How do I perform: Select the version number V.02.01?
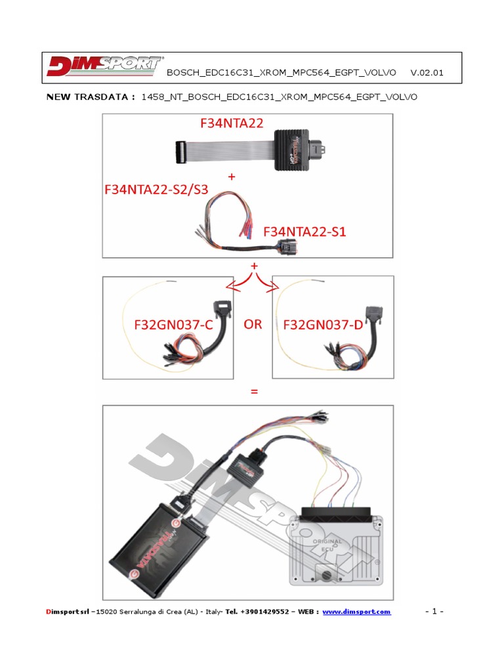[427, 73]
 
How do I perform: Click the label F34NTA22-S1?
[305, 232]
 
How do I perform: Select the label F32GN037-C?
[164, 325]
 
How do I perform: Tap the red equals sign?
[253, 392]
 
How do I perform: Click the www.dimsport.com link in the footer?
[356, 612]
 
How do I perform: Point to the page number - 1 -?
[435, 612]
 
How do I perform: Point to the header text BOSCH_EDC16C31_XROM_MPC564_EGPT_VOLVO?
[282, 73]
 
